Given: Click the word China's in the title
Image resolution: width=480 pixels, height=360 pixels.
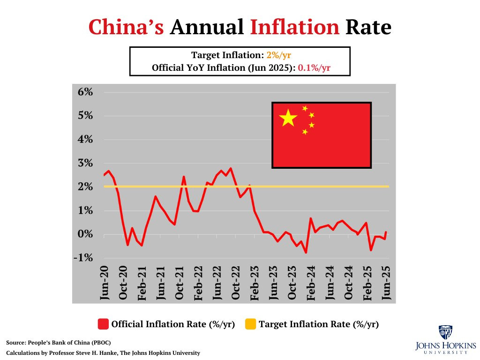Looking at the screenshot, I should [x=126, y=27].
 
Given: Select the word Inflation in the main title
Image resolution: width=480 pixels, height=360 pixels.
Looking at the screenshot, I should [x=294, y=27].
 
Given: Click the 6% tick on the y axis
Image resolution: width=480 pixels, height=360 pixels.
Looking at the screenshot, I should [x=86, y=92].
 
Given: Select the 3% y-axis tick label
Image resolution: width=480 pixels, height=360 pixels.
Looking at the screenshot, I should [x=86, y=163].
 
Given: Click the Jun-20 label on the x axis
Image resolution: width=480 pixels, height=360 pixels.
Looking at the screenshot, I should [x=105, y=284].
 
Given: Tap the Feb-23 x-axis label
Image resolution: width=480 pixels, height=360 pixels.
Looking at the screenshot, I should [x=255, y=284].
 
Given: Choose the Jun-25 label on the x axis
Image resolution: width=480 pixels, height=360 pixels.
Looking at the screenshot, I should [x=387, y=284].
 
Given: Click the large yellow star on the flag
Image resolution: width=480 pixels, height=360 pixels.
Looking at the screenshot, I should [x=288, y=118].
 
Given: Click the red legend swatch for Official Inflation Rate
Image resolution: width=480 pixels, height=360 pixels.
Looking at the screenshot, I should [x=103, y=324].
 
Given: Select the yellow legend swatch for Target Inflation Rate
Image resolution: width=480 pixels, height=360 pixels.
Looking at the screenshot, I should [x=251, y=324].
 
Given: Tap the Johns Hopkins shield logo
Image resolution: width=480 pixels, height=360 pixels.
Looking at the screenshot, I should [x=445, y=332].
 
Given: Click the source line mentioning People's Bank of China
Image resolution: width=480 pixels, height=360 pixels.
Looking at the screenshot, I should [x=59, y=343].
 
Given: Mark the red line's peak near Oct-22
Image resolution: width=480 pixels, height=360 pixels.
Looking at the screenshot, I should [x=231, y=168].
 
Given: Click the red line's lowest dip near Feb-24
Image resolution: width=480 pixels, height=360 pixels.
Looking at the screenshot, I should [x=306, y=253].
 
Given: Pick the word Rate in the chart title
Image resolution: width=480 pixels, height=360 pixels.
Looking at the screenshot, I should [x=368, y=27].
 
